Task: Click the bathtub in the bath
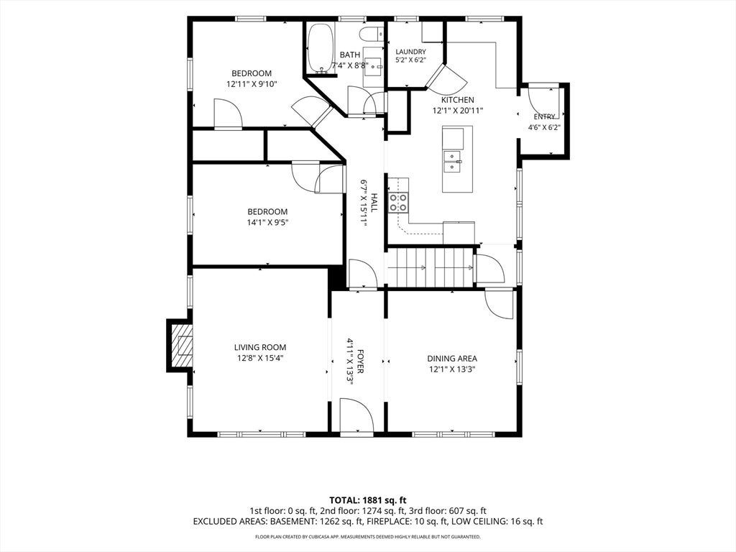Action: coord(321,48)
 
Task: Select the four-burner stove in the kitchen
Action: coord(398,202)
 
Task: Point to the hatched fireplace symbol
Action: coord(181,346)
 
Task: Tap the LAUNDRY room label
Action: coord(410,52)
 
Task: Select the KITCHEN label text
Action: coord(458,100)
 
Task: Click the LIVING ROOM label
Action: coord(260,347)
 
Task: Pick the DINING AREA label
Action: coord(452,359)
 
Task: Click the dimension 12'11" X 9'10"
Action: coord(252,84)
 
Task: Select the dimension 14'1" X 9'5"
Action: coord(267,223)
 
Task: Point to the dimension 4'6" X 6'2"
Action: coord(545,126)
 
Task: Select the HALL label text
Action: coord(374,202)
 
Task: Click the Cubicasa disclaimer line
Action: coord(368,536)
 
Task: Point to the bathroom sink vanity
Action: coord(374,67)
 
